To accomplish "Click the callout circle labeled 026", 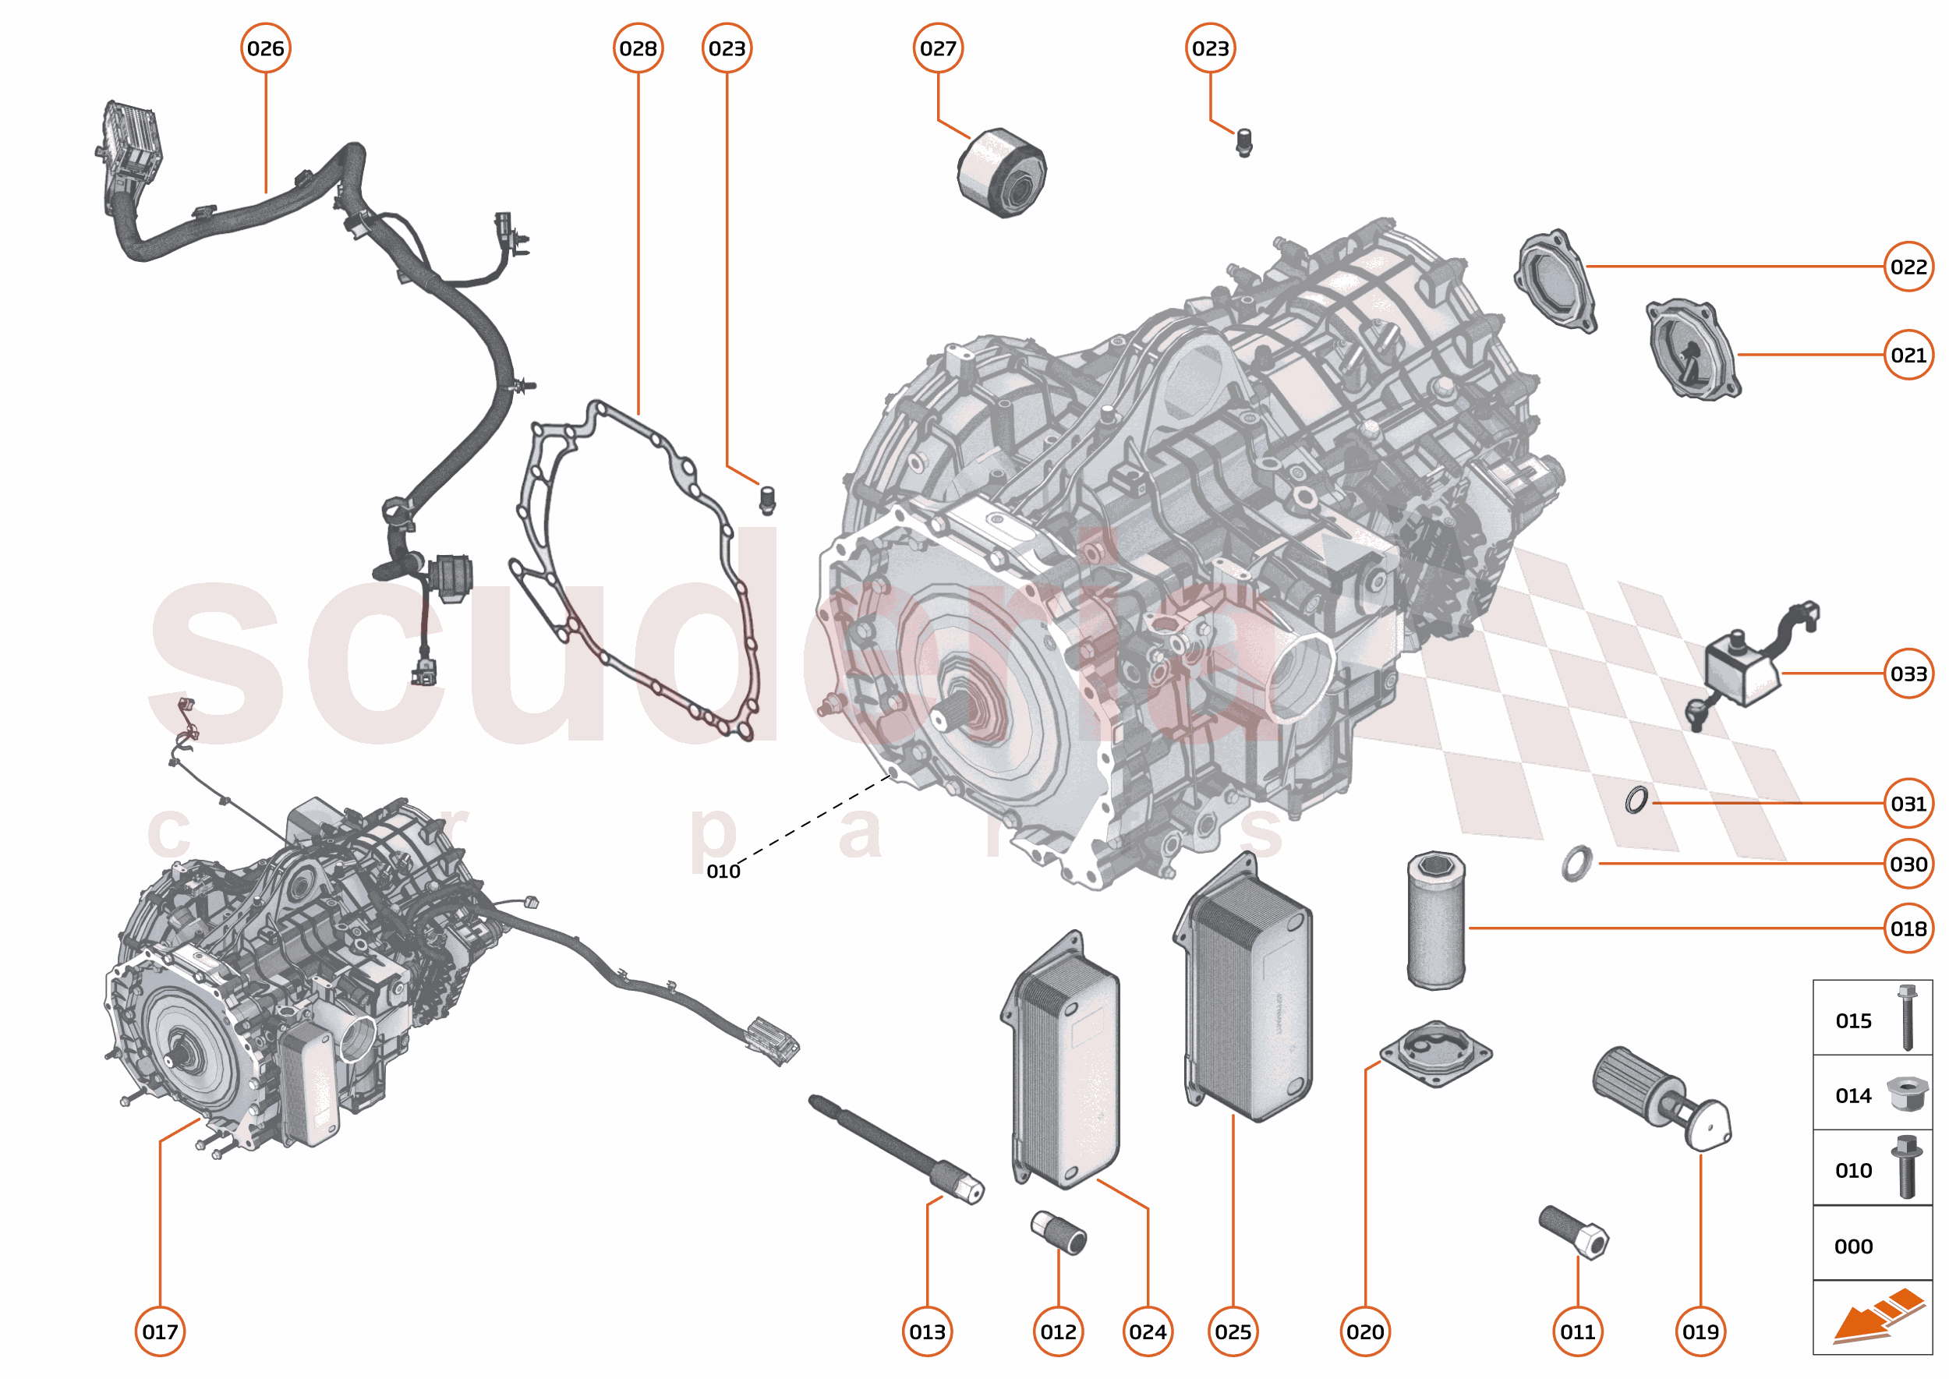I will (266, 48).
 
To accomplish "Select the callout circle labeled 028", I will (638, 48).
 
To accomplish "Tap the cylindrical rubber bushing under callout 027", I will (1002, 173).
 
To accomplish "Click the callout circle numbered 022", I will (1908, 267).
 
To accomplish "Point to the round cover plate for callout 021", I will (1693, 349).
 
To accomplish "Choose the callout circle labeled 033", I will (1908, 674).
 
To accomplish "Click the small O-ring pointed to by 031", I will (1636, 799).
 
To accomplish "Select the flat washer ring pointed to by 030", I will (1576, 864).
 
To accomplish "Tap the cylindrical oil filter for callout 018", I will (1435, 921).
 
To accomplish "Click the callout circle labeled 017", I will (161, 1331).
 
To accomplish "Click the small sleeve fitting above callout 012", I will (1058, 1234).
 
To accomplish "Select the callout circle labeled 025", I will (1233, 1331).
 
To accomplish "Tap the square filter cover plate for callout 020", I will (1435, 1054).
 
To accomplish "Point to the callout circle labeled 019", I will (1700, 1331).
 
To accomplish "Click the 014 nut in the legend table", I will (1907, 1094).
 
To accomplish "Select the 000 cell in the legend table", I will (1872, 1246).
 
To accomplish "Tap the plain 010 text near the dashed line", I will (723, 872).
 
